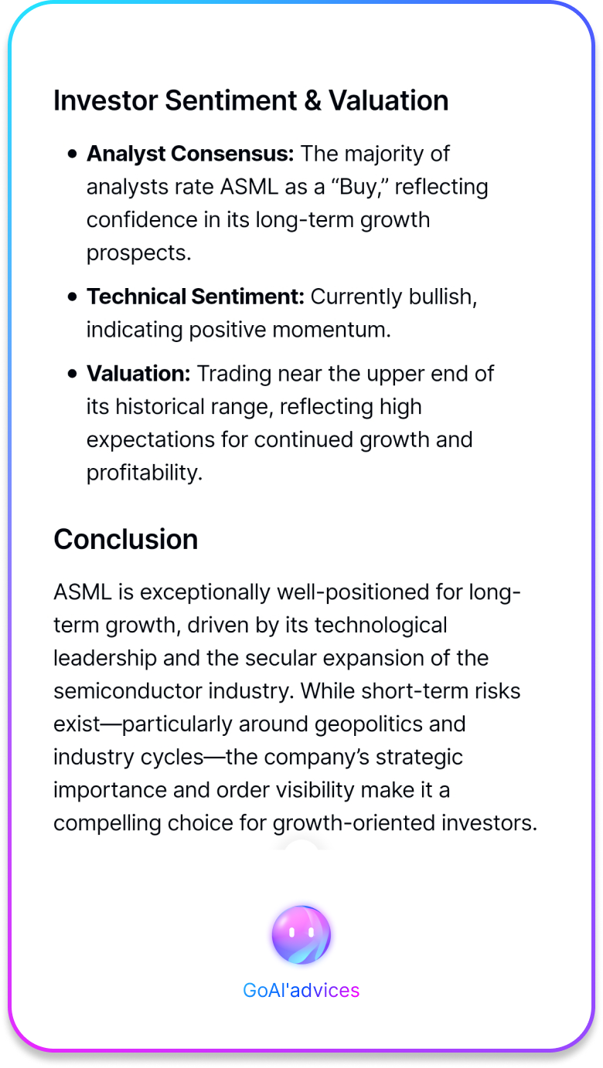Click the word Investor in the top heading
click(105, 100)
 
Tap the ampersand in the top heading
click(312, 100)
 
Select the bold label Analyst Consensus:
click(190, 154)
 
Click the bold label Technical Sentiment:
click(196, 297)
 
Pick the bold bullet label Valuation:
click(138, 374)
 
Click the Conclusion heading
click(125, 539)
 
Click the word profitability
click(145, 473)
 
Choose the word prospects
click(139, 253)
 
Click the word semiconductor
click(128, 691)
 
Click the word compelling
click(107, 823)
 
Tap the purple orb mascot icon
click(301, 934)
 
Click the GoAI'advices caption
click(301, 990)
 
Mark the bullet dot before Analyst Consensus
click(73, 154)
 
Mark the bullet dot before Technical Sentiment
click(73, 297)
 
